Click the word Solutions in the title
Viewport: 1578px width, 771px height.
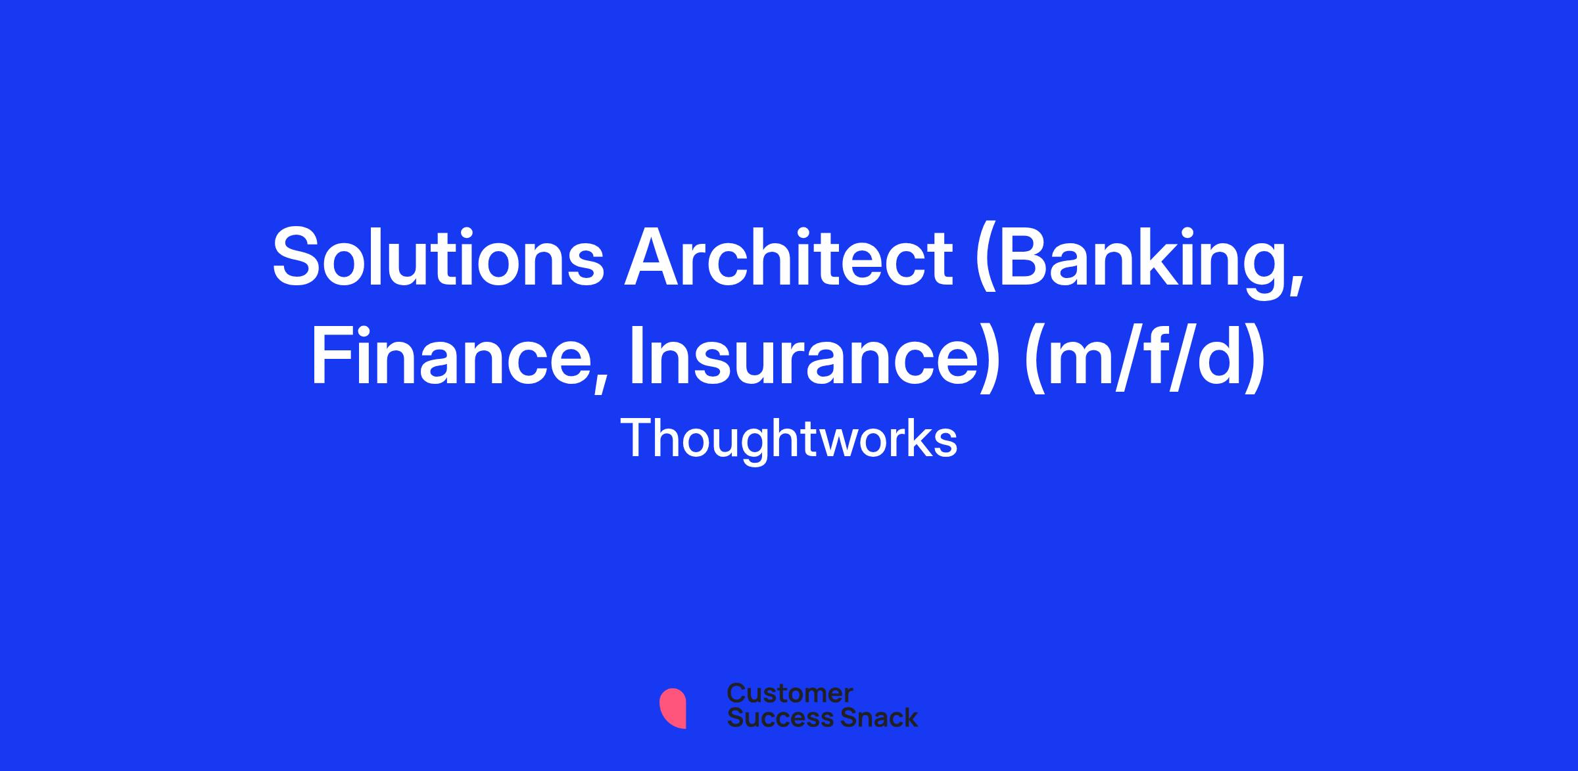click(x=438, y=256)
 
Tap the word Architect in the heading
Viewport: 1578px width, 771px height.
click(x=788, y=256)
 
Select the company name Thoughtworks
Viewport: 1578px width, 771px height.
click(x=788, y=439)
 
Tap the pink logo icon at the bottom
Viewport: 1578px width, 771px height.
click(x=673, y=708)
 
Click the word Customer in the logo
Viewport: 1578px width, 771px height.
click(x=790, y=693)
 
